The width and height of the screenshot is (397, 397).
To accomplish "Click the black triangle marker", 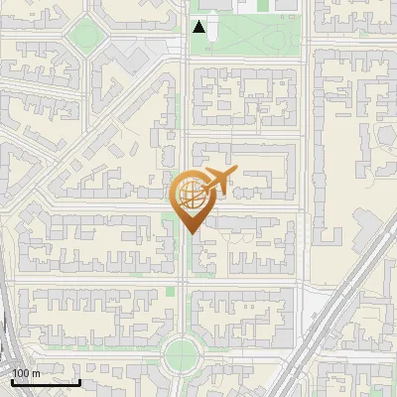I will point(199,27).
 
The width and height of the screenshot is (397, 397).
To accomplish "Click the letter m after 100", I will point(37,373).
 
